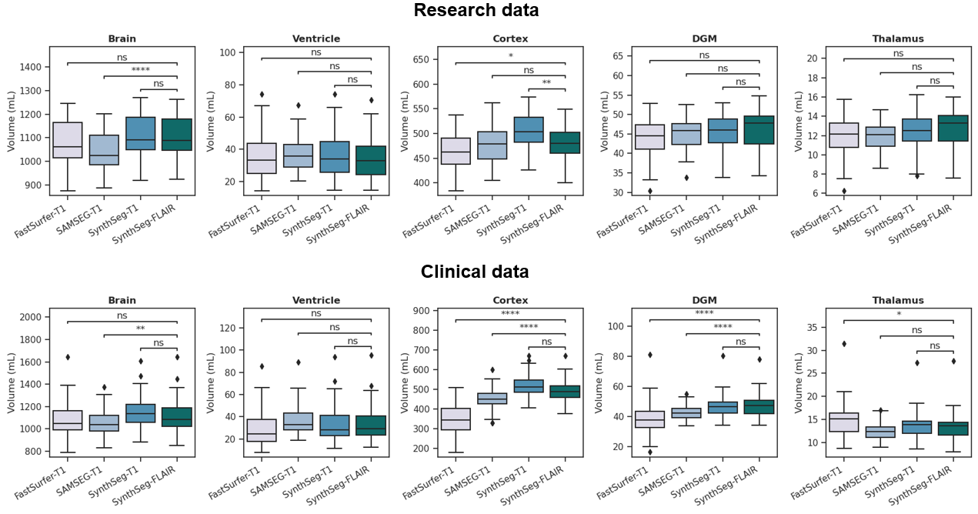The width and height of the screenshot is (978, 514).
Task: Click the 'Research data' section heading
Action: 476,11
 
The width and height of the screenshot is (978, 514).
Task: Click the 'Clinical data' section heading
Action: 474,272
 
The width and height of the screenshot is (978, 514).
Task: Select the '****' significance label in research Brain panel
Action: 140,71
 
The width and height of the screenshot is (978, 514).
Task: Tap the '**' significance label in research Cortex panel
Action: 546,84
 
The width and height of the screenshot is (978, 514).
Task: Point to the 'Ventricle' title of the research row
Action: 316,39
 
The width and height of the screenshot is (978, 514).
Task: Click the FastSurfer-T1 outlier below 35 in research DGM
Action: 650,191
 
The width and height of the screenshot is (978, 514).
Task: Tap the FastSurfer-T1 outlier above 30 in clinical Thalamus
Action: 844,344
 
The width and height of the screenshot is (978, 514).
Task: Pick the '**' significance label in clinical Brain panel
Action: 140,329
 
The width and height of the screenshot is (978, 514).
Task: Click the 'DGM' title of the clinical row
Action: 704,301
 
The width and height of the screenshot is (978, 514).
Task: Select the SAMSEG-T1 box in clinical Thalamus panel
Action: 881,432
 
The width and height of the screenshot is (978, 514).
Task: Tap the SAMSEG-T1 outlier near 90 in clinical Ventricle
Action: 298,362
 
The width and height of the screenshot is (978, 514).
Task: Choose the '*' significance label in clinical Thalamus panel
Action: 898,315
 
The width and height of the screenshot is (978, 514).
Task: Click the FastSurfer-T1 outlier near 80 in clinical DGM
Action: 650,355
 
